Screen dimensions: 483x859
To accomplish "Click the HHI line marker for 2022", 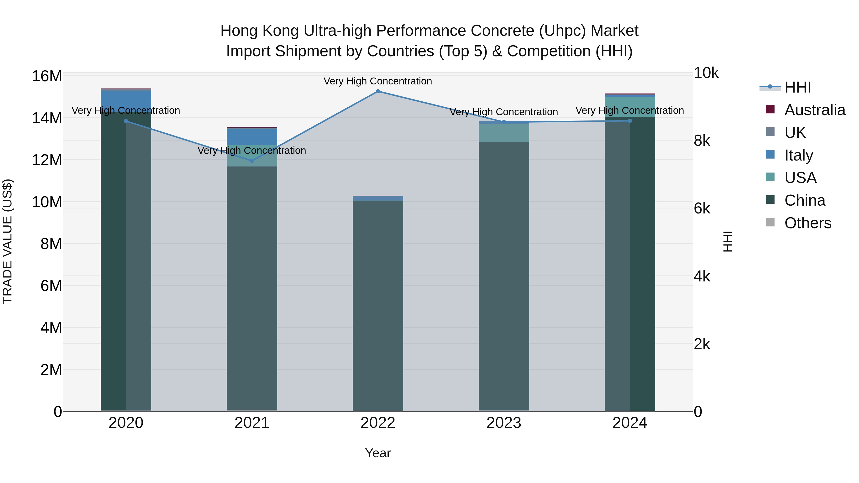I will pyautogui.click(x=378, y=91).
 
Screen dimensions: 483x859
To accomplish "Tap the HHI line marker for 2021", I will pyautogui.click(x=252, y=161).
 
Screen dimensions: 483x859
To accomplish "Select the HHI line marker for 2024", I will pyautogui.click(x=630, y=121).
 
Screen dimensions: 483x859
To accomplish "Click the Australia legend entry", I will pyautogui.click(x=815, y=110).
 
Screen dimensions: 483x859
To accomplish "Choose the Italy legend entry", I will pyautogui.click(x=799, y=155).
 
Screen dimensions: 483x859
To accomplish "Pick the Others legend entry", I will pyautogui.click(x=808, y=223).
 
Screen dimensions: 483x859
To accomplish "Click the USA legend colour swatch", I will pyautogui.click(x=770, y=177).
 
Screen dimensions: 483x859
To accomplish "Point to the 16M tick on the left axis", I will pyautogui.click(x=47, y=76).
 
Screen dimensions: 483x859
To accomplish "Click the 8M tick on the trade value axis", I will pyautogui.click(x=51, y=244).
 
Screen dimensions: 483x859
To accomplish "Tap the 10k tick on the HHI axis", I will pyautogui.click(x=706, y=73).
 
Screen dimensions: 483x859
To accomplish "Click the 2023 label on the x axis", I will pyautogui.click(x=503, y=423).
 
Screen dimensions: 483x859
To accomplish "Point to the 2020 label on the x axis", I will pyautogui.click(x=126, y=423).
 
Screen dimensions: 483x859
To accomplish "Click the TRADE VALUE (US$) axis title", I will pyautogui.click(x=7, y=241).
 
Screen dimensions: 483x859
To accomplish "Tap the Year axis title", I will pyautogui.click(x=378, y=453).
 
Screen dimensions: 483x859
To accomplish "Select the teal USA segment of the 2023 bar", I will pyautogui.click(x=503, y=133).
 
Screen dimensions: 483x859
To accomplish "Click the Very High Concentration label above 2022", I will pyautogui.click(x=378, y=81).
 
